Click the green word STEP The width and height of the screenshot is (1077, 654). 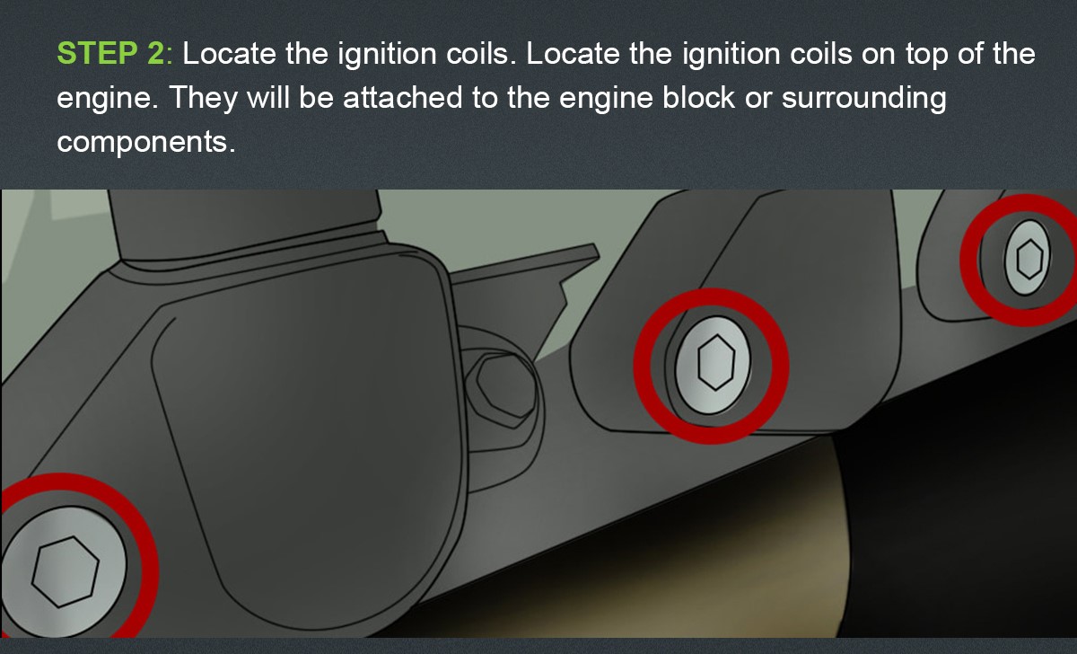coord(97,53)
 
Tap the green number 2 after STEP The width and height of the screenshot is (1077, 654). coord(156,53)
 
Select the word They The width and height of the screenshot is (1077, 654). coord(204,98)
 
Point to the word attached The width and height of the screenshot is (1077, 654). coord(402,97)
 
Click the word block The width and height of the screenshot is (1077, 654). coord(698,97)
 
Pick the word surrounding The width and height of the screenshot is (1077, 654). coord(864,98)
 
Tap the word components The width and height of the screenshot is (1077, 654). coord(146,143)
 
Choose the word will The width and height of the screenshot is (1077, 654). coord(268,97)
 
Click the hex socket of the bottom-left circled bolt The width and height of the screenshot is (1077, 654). coord(66,571)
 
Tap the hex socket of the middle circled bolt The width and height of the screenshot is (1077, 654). coord(716,362)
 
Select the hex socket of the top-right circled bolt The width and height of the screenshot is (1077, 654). coord(1030,260)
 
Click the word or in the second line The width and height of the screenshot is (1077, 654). coord(758,100)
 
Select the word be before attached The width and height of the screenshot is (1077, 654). coord(316,97)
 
